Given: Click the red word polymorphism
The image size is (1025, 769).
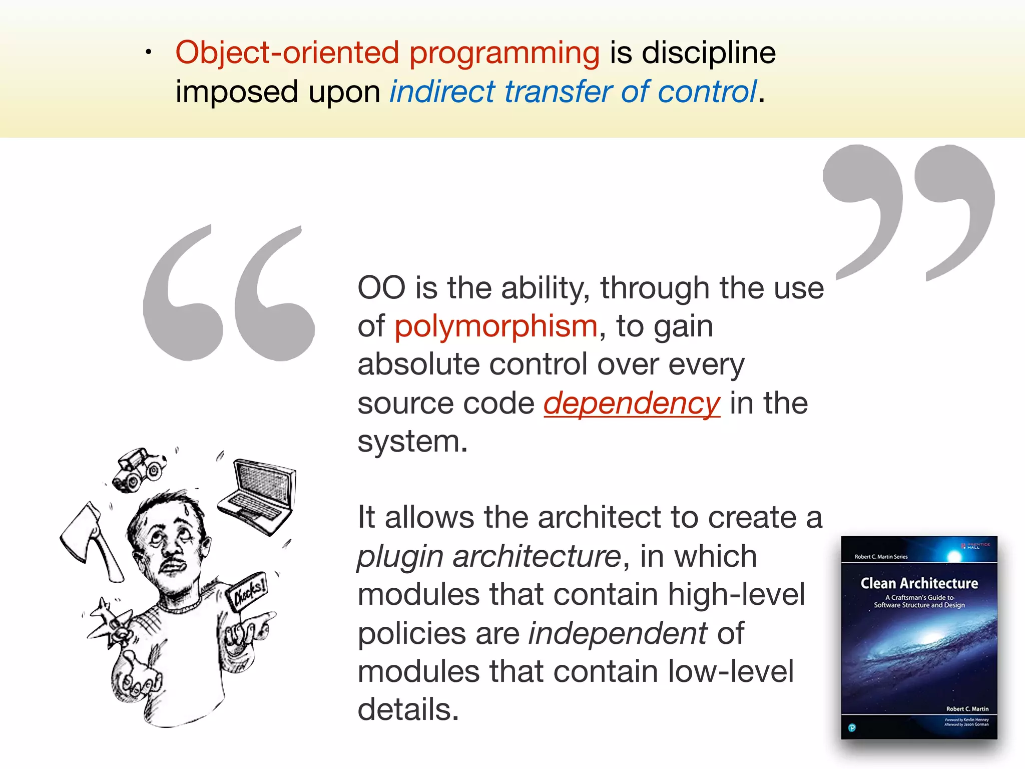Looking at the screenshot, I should (x=495, y=326).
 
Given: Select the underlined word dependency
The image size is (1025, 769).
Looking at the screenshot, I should (x=632, y=404).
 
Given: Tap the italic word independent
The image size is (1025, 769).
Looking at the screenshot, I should (x=618, y=633).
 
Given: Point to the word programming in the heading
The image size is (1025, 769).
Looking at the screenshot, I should (x=504, y=53).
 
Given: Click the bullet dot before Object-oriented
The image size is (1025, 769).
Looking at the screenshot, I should (x=148, y=52).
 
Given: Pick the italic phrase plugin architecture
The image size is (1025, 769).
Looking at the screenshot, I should (x=488, y=557).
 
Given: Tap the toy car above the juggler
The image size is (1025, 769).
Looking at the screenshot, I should (x=139, y=469).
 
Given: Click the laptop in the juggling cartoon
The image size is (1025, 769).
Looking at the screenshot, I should (x=260, y=496).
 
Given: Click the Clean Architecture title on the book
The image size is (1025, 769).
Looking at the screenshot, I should (x=919, y=583).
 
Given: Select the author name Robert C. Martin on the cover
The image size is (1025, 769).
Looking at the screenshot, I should (x=967, y=709).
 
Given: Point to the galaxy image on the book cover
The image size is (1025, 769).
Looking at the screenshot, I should (x=919, y=651).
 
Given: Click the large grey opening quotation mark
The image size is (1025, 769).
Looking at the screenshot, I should (x=228, y=295).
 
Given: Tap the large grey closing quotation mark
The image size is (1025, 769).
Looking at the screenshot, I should (x=908, y=210).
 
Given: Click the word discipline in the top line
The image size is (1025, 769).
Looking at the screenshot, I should (x=708, y=53).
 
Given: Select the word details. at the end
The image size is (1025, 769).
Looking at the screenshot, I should (x=408, y=710).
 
